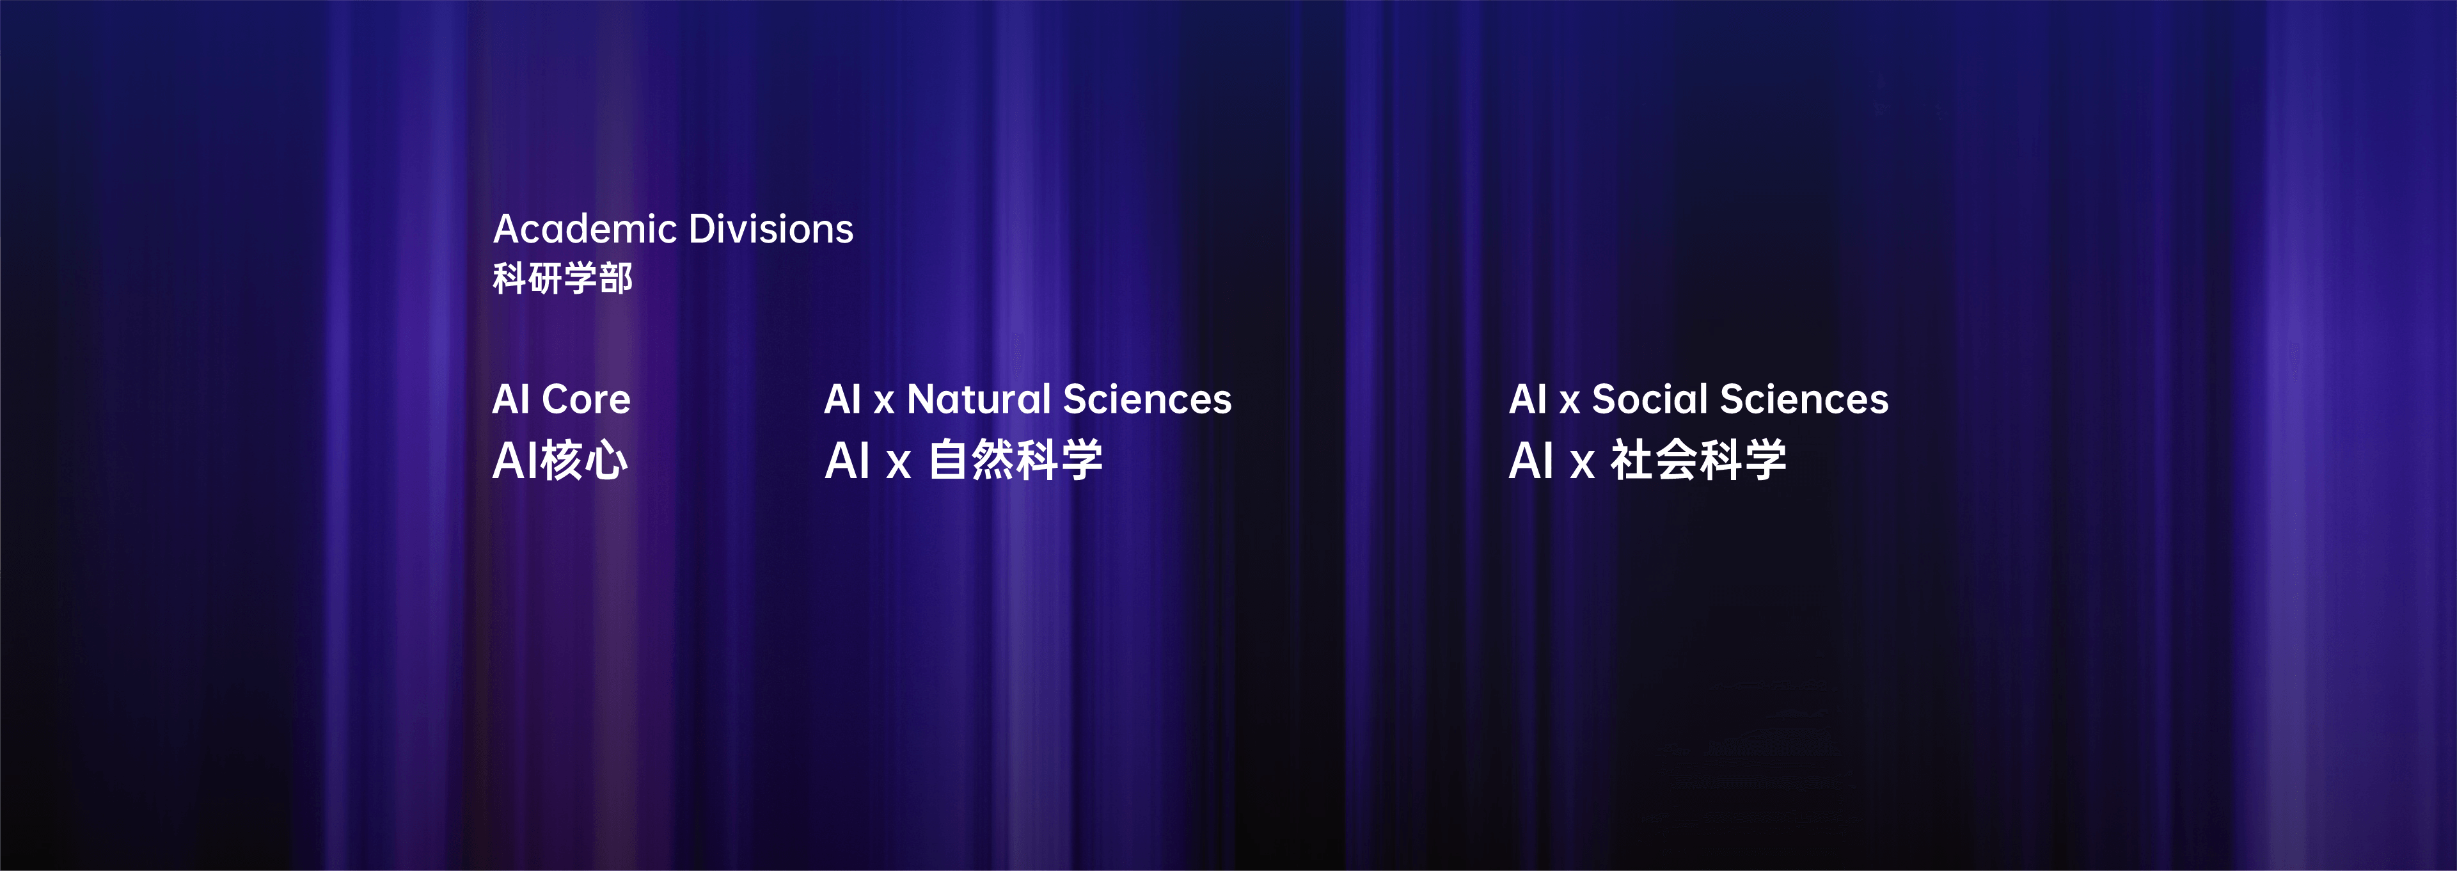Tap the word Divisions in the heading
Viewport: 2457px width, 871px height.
(771, 229)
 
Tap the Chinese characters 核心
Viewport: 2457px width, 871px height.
(584, 461)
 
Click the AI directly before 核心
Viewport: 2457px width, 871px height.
(515, 461)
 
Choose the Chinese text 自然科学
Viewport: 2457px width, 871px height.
(1015, 461)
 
